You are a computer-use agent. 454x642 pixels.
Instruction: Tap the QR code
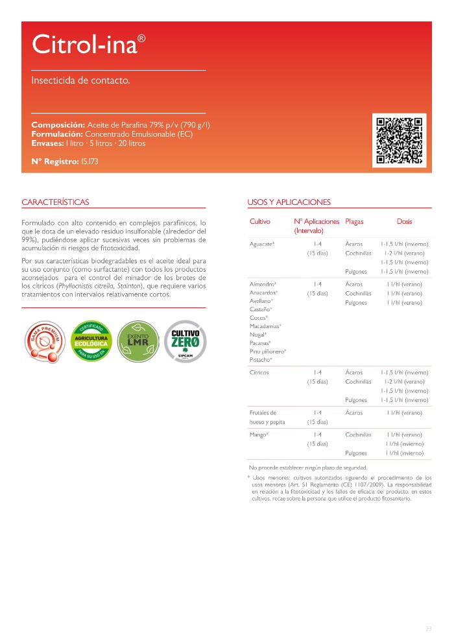coord(400,141)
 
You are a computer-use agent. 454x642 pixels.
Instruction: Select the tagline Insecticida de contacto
coord(81,81)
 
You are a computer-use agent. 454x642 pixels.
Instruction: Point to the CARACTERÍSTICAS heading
coord(56,202)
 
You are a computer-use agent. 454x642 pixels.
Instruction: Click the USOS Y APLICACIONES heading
coord(289,202)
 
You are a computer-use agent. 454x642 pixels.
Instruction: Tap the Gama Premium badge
coord(43,342)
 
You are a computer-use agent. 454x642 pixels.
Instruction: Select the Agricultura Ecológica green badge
coord(91,340)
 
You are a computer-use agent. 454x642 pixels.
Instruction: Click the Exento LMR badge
coord(138,340)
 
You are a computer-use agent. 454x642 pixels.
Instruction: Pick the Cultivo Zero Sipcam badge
coord(186,340)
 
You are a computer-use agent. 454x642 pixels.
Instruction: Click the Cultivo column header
coord(260,222)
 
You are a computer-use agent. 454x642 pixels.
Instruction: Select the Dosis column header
coord(404,222)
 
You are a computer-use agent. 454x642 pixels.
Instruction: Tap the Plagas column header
coord(355,222)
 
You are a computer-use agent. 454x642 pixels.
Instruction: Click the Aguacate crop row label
coord(262,244)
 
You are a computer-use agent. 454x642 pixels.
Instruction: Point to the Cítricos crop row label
coord(259,373)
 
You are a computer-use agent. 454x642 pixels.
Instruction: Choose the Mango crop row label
coord(259,434)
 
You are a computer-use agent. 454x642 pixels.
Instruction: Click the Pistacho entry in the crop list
coord(261,359)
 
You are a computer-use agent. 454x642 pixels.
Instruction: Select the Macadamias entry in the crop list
coord(265,326)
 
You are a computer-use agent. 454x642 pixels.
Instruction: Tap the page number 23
coord(428,628)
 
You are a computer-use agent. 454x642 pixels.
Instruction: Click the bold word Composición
coord(58,125)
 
